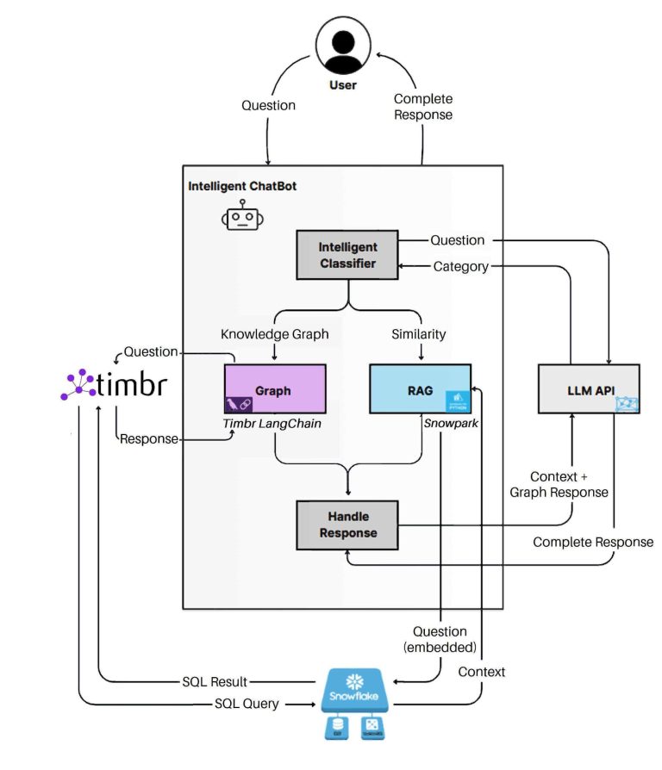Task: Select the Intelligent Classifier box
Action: [347, 255]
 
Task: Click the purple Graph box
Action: [274, 389]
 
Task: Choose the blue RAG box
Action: [420, 389]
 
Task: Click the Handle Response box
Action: [347, 525]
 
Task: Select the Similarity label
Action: [419, 333]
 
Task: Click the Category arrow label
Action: [460, 267]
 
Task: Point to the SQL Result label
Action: [218, 680]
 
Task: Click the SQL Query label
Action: [247, 704]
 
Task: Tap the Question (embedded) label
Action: [440, 639]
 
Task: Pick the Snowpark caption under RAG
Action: [451, 422]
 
